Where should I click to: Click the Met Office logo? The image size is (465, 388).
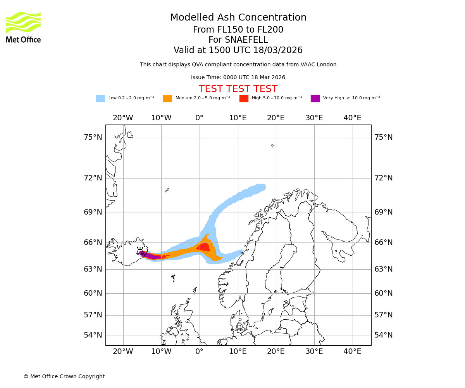pyautogui.click(x=23, y=27)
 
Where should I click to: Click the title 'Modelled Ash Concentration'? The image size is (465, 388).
pyautogui.click(x=238, y=18)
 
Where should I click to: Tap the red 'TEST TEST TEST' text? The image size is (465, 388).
pyautogui.click(x=238, y=89)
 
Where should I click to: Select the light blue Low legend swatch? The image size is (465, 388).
pyautogui.click(x=100, y=99)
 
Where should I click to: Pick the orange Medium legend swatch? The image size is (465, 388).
pyautogui.click(x=167, y=99)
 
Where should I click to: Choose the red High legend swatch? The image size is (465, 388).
pyautogui.click(x=244, y=99)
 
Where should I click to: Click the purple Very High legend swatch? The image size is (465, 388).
pyautogui.click(x=315, y=99)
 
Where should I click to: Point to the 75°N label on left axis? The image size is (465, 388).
pyautogui.click(x=93, y=137)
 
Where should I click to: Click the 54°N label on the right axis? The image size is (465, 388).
pyautogui.click(x=383, y=335)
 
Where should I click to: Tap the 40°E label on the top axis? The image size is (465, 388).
pyautogui.click(x=352, y=118)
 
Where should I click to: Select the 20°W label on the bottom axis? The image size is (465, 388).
pyautogui.click(x=123, y=352)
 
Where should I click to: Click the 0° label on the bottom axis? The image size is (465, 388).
pyautogui.click(x=199, y=352)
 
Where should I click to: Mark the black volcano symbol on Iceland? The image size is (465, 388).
pyautogui.click(x=140, y=252)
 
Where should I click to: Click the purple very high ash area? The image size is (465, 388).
pyautogui.click(x=153, y=256)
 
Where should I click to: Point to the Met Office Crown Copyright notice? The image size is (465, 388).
pyautogui.click(x=64, y=376)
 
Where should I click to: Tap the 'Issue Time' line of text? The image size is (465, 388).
pyautogui.click(x=238, y=78)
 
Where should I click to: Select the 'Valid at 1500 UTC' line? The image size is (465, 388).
pyautogui.click(x=238, y=50)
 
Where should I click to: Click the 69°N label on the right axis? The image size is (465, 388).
pyautogui.click(x=383, y=212)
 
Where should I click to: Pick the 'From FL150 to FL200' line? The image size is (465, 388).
pyautogui.click(x=238, y=30)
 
